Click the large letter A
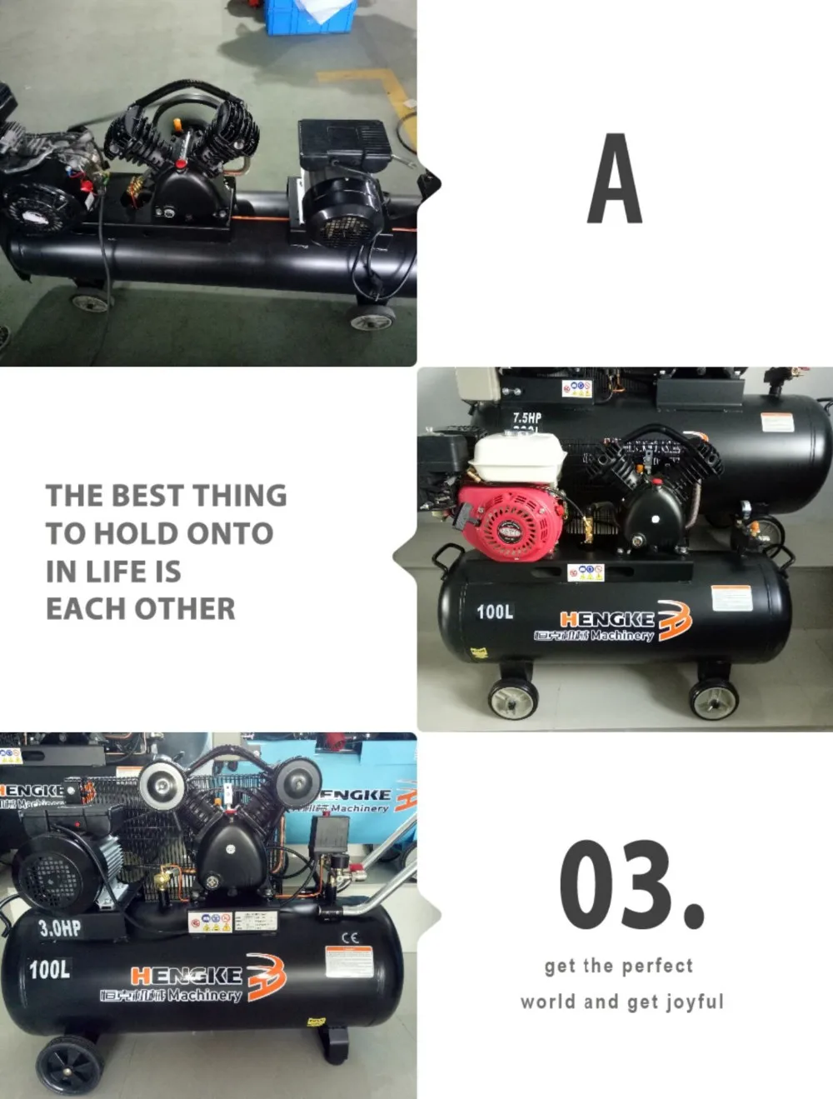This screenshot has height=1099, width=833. [615, 180]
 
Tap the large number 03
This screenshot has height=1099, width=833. [631, 885]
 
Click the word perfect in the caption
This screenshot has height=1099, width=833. [657, 966]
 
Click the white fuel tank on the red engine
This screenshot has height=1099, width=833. [516, 457]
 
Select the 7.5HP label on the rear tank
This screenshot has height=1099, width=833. [526, 417]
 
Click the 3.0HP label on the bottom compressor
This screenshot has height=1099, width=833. [60, 928]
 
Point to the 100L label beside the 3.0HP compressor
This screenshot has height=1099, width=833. [50, 969]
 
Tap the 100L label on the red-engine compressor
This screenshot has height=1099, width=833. [495, 612]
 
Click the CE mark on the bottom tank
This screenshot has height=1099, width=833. [350, 937]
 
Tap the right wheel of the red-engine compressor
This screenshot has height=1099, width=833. [714, 698]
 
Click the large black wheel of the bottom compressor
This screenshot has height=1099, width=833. [70, 1064]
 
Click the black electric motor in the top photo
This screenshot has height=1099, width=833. [342, 212]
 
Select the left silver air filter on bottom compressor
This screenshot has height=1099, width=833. [162, 786]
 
